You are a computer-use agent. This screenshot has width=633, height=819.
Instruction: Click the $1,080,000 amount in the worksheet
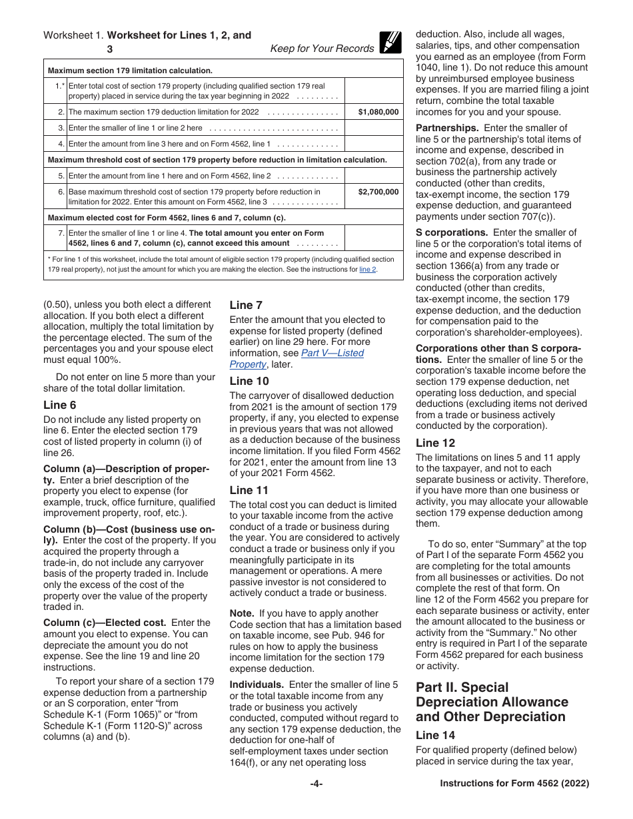pyautogui.click(x=378, y=113)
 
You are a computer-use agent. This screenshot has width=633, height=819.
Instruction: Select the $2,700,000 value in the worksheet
pyautogui.click(x=378, y=192)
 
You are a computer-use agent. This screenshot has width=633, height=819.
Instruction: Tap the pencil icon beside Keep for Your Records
pyautogui.click(x=390, y=42)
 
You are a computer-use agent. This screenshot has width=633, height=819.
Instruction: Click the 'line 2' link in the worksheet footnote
pyautogui.click(x=368, y=270)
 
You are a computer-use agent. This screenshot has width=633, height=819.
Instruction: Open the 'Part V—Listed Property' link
pyautogui.click(x=297, y=359)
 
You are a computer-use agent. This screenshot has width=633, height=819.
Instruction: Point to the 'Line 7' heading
pyautogui.click(x=246, y=305)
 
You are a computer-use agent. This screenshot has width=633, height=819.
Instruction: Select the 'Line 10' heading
pyautogui.click(x=249, y=381)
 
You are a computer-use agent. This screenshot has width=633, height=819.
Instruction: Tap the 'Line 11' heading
pyautogui.click(x=249, y=490)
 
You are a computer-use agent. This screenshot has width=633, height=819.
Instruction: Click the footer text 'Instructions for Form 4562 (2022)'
pyautogui.click(x=514, y=784)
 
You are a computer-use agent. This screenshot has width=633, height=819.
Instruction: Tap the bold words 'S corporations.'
pyautogui.click(x=452, y=232)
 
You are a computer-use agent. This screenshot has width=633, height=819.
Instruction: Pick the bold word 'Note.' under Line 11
pyautogui.click(x=242, y=613)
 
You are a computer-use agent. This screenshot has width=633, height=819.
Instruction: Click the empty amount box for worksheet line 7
pyautogui.click(x=374, y=238)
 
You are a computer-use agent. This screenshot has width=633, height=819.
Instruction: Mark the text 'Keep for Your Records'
pyautogui.click(x=322, y=49)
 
